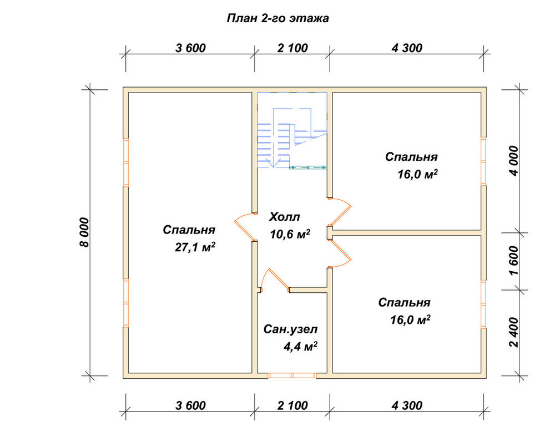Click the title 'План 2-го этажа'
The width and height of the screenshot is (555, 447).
point(277,18)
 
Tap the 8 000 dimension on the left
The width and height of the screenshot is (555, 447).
point(85,232)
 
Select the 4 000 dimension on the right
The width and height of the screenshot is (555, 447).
point(514,161)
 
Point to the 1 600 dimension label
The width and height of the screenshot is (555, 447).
point(514,261)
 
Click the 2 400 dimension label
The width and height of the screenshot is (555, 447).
point(514,332)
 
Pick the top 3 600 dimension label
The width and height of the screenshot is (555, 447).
point(190,48)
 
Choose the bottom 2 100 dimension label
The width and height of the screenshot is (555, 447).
point(292,405)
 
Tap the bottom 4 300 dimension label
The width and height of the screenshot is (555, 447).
point(407,405)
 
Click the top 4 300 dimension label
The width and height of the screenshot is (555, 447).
point(407,48)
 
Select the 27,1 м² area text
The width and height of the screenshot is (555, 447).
point(195,247)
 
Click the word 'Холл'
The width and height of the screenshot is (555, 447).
point(284,216)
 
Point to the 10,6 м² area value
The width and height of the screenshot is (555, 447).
point(290,233)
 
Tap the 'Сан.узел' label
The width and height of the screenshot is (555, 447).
point(291,329)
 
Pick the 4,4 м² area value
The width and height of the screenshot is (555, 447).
point(300,346)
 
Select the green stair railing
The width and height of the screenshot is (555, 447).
point(308,167)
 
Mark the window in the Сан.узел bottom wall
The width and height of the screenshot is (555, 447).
point(292,375)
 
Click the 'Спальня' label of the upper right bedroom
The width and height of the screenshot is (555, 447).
point(411,156)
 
